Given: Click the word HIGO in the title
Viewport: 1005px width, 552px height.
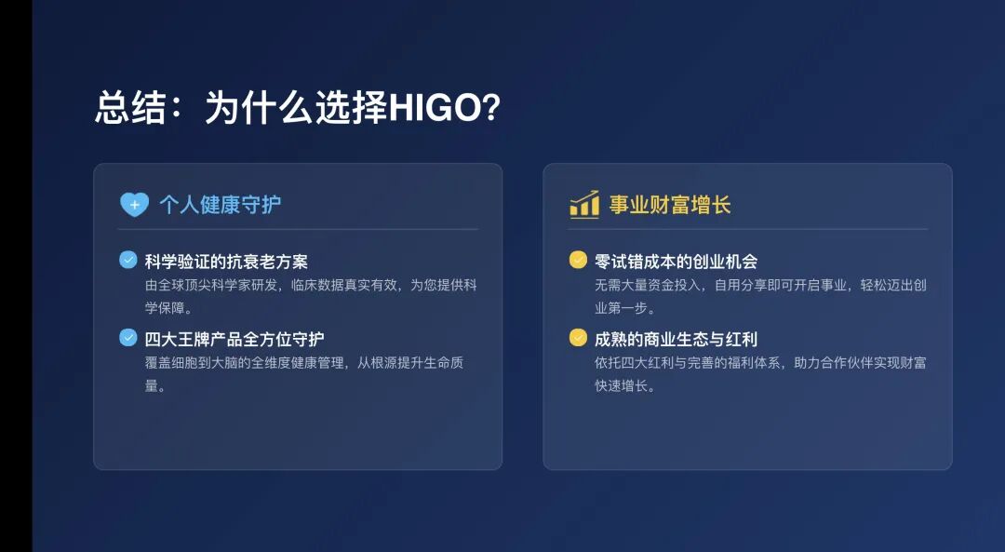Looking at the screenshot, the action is click(435, 107).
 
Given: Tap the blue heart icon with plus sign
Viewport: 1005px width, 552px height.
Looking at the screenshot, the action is click(134, 205).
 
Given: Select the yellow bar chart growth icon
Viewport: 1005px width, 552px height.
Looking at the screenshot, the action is click(584, 205).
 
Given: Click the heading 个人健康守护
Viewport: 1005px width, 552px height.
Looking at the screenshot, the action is click(220, 205).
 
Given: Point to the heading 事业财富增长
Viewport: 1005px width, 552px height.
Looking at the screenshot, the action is click(670, 205).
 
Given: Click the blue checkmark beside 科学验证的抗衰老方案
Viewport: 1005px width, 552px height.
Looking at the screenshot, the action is click(128, 260).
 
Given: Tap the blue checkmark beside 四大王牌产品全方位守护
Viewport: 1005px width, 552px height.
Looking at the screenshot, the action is click(128, 337).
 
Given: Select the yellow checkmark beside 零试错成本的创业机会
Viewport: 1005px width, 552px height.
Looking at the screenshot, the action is click(578, 260).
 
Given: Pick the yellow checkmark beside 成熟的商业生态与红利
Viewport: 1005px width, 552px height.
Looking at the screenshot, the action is click(578, 337).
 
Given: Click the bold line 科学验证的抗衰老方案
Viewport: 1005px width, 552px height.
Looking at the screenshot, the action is click(226, 262).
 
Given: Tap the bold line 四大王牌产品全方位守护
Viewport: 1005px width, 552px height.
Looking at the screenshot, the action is click(234, 339).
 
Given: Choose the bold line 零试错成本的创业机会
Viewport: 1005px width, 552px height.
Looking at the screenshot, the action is click(677, 262).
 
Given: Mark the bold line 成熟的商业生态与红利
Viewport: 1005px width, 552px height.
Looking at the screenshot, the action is click(677, 339).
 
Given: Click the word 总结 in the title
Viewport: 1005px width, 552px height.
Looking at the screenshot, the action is click(131, 107).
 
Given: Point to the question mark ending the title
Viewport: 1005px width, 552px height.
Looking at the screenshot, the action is click(491, 107).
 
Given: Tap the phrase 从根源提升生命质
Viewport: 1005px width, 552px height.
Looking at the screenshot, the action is click(410, 363).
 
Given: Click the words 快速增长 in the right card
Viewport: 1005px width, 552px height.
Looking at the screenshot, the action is click(621, 386).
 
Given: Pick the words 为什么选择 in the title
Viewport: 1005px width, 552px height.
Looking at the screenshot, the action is click(296, 107).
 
